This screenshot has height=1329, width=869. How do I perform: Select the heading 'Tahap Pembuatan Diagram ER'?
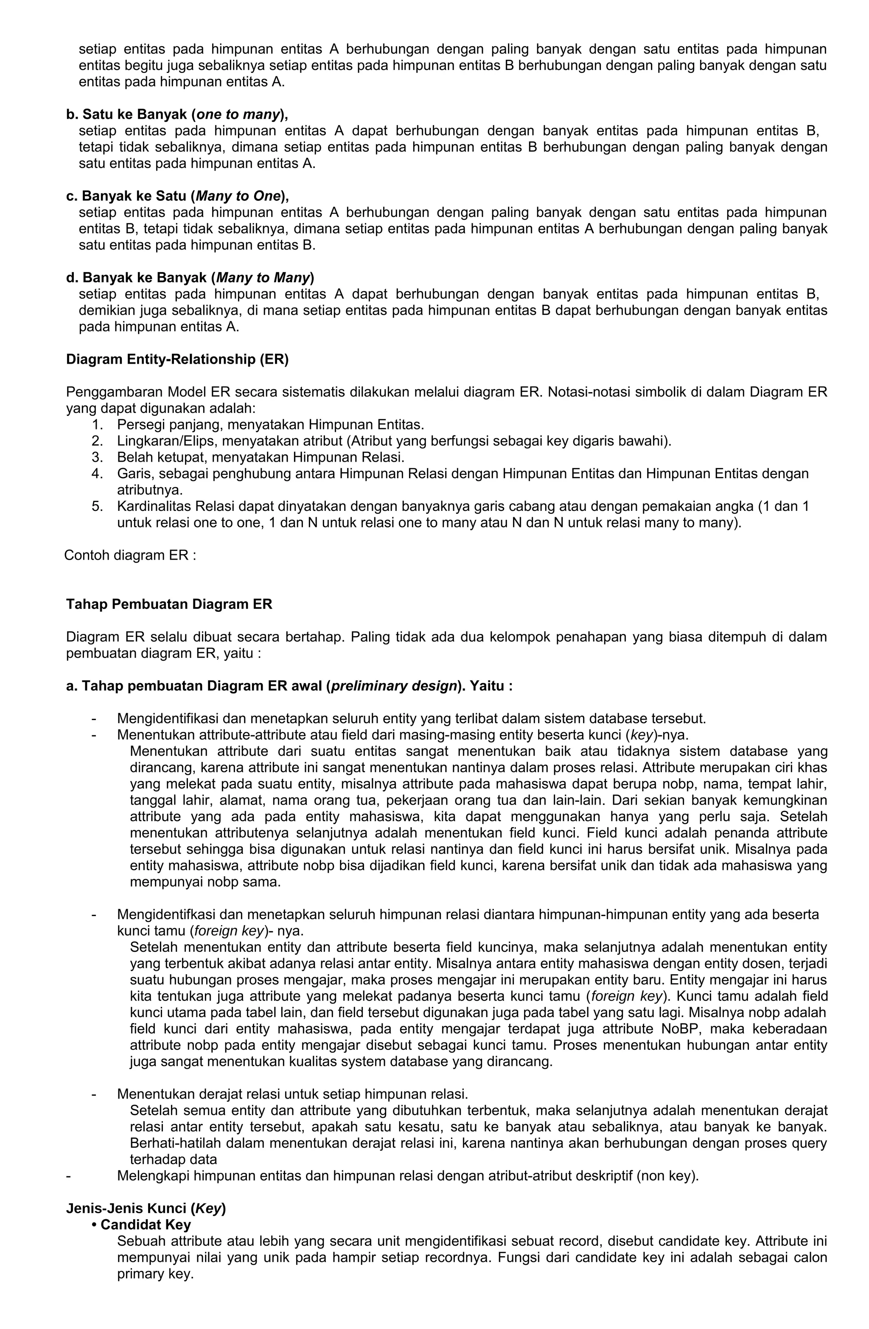click(x=169, y=604)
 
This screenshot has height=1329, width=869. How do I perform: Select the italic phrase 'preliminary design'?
click(x=394, y=686)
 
